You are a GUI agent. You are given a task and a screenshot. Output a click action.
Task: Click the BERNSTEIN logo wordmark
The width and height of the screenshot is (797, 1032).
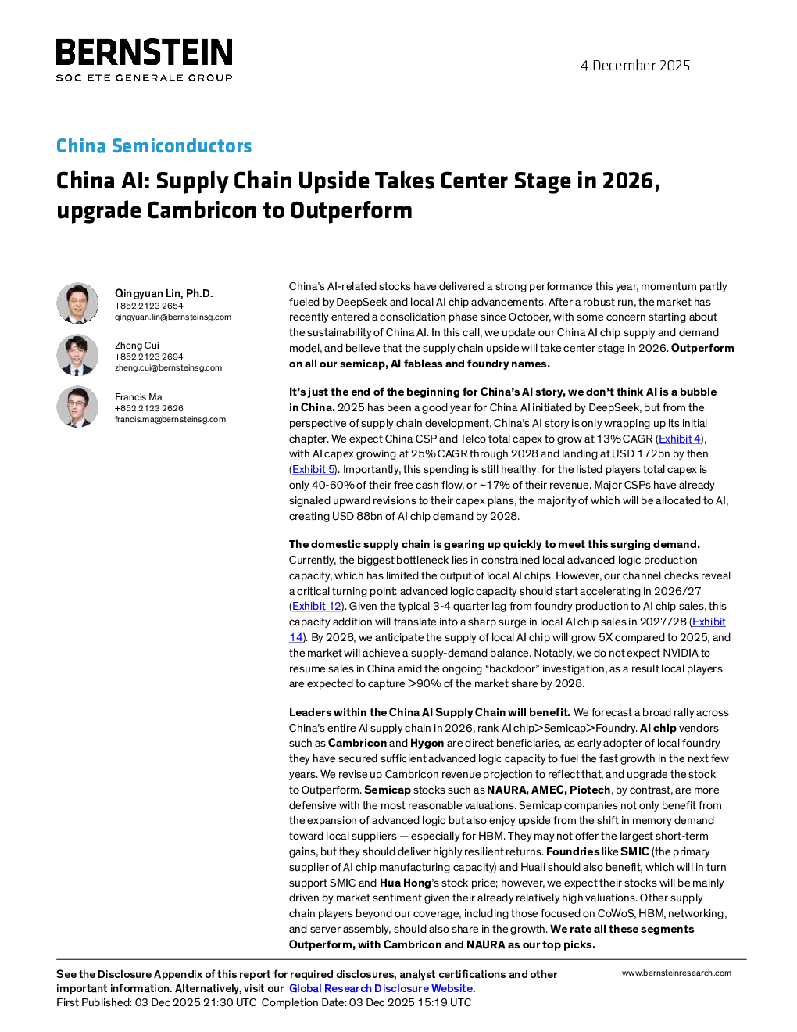144,52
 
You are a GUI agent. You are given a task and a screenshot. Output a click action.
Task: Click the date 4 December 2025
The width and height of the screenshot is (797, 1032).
635,66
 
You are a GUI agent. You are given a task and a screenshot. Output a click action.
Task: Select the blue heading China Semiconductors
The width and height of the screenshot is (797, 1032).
154,145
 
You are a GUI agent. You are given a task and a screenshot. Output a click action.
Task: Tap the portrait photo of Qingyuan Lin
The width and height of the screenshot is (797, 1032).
77,303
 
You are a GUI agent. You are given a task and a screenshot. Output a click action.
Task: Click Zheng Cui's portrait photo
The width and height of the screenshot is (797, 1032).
77,355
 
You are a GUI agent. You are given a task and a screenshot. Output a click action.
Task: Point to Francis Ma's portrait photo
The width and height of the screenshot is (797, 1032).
77,407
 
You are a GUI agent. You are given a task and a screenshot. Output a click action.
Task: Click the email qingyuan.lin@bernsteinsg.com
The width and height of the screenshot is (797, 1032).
173,317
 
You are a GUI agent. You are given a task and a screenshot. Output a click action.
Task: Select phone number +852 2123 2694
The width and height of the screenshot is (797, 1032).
148,357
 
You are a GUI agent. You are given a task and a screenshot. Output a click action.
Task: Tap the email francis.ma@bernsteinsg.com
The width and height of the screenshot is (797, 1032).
170,419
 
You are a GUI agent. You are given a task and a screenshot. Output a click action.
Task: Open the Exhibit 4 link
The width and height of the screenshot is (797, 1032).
679,439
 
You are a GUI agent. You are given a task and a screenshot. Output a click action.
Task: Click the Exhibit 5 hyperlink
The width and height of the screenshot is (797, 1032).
313,469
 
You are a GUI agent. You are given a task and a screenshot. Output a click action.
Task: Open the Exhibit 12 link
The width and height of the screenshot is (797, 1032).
316,606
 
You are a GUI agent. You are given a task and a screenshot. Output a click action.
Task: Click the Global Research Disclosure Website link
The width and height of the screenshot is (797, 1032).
381,988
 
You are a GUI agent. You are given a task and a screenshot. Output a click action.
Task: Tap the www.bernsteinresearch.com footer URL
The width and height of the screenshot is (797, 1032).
677,973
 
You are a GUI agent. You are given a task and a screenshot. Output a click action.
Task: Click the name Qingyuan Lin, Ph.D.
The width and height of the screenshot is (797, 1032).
164,293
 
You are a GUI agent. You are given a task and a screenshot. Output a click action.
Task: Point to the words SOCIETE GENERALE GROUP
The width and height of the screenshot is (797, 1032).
144,77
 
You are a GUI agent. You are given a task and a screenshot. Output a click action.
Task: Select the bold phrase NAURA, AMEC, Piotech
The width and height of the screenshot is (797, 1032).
549,790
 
